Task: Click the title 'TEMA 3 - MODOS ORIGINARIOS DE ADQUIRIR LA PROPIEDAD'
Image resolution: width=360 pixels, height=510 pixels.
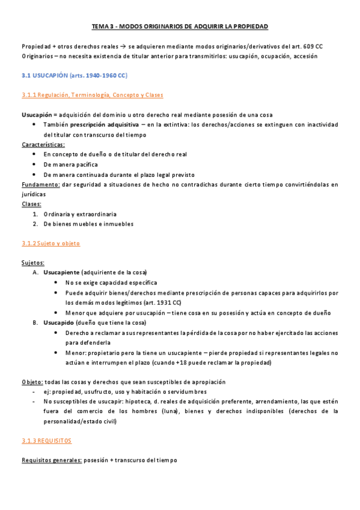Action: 180,27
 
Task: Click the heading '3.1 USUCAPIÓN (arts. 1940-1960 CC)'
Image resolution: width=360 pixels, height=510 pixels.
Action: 74,76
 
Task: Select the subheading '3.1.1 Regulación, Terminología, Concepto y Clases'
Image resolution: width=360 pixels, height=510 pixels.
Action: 92,95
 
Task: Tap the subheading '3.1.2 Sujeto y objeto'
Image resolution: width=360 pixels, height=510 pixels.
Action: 50,244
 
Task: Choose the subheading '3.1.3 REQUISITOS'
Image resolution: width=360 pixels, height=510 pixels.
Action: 46,441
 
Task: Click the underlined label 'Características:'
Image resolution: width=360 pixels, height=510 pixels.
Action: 43,144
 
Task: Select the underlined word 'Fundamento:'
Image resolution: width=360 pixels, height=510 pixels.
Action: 40,184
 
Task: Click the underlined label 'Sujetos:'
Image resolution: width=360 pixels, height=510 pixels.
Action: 32,263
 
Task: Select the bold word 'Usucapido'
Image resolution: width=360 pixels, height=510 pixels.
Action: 58,322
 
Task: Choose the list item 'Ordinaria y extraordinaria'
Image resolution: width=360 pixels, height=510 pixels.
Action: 80,214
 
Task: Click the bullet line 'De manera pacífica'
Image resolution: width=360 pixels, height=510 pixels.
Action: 70,164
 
